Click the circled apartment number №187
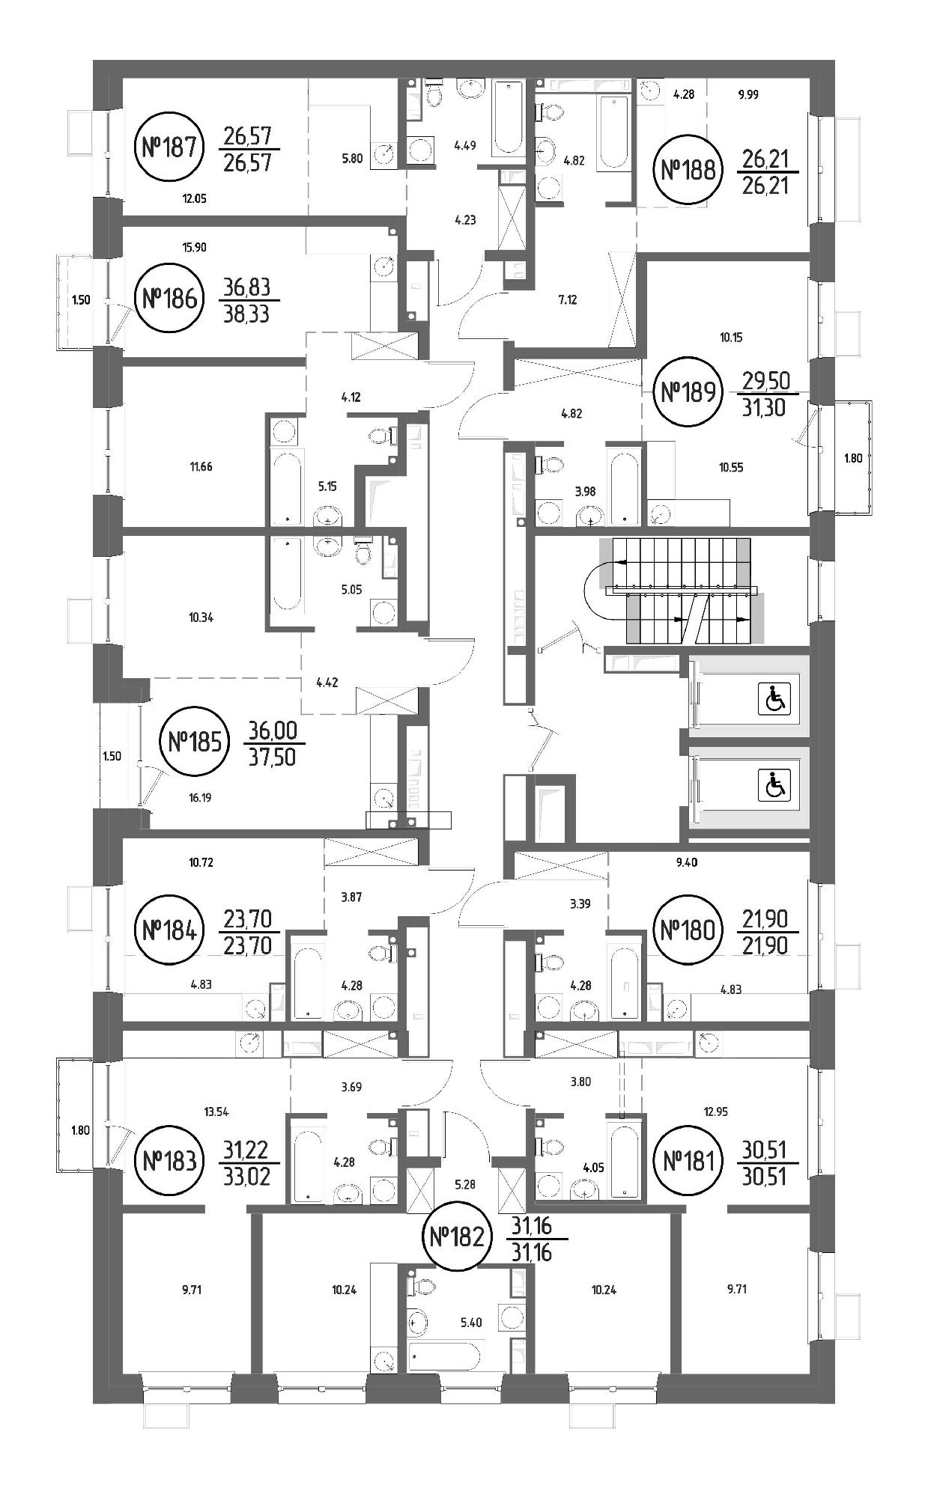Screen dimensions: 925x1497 click(169, 147)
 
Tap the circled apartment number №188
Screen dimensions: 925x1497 click(688, 170)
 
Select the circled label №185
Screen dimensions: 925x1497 click(195, 742)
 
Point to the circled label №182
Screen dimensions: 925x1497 click(457, 1236)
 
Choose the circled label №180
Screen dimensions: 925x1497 click(688, 930)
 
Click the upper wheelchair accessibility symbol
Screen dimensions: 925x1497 click(774, 700)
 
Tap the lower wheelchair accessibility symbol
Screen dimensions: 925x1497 click(774, 785)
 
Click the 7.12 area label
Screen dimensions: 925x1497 click(568, 300)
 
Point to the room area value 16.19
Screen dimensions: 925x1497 click(200, 798)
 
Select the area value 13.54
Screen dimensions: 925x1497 click(216, 1112)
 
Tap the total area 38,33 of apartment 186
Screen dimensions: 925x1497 click(246, 314)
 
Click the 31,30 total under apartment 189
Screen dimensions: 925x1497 click(764, 407)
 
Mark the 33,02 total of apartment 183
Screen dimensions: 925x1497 click(246, 1176)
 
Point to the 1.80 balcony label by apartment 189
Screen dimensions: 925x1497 click(853, 459)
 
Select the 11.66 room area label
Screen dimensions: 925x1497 click(201, 467)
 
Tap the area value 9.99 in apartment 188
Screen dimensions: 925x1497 click(748, 95)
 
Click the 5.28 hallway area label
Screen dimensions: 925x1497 click(465, 1185)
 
